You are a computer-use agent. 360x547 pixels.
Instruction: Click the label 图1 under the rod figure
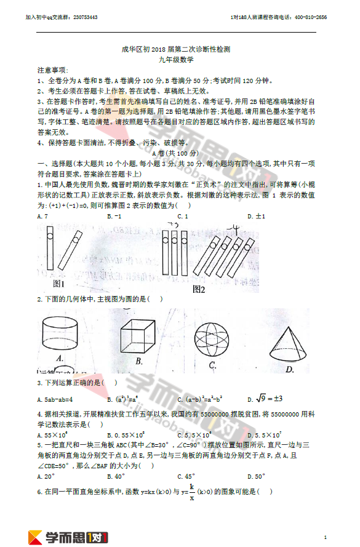coord(60,284)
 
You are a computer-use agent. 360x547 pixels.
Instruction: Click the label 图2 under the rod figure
coord(198,289)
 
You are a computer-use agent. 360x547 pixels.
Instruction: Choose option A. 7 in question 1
coord(42,217)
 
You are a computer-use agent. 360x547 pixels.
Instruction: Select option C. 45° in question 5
coord(185,476)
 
